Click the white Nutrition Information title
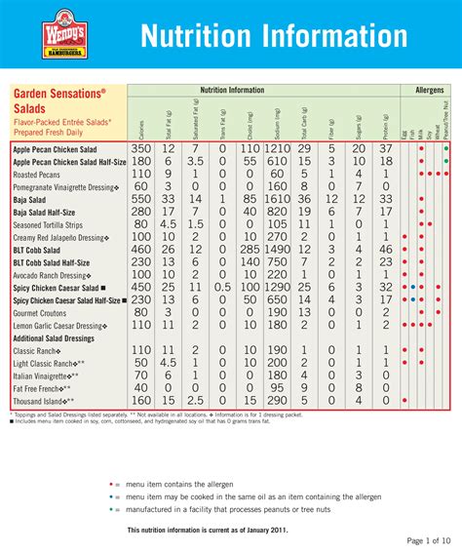pos(274,36)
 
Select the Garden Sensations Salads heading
pos(58,100)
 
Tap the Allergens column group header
pos(429,90)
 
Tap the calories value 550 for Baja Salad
pos(141,198)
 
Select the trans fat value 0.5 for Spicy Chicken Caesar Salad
pos(223,287)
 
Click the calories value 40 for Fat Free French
pos(141,387)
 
